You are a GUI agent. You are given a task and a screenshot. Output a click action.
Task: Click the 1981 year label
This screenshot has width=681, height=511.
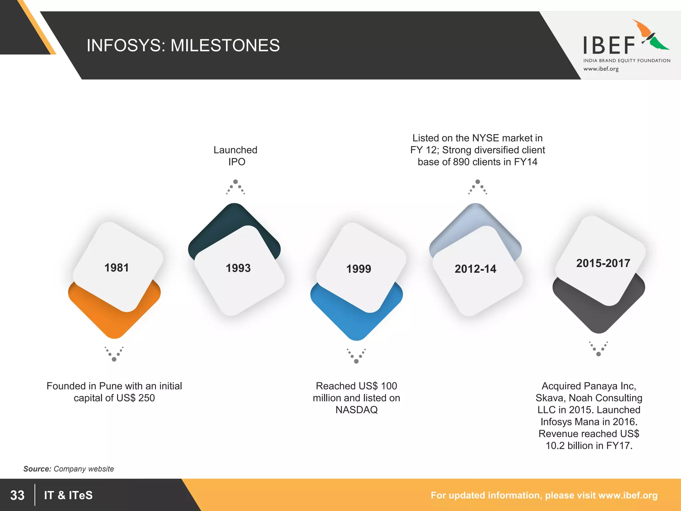116,268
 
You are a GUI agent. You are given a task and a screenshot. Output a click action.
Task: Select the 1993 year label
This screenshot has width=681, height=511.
238,268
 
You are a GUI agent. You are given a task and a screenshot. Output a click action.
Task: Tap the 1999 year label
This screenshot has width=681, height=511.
358,269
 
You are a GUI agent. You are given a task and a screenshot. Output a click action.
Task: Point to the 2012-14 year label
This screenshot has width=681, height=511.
475,269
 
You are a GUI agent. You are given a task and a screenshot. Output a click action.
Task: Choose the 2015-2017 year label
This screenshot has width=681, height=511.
603,263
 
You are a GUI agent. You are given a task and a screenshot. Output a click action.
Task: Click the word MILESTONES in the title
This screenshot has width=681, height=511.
225,46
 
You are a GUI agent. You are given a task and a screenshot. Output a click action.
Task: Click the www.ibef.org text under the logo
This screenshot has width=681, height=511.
601,69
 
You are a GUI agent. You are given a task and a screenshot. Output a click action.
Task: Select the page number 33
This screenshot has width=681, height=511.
17,495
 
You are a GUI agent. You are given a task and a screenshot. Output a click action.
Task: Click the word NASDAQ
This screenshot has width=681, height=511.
356,410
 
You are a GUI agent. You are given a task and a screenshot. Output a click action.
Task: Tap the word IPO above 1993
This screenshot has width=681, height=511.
237,162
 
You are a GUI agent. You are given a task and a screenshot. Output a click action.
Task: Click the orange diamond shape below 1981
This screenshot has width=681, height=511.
114,319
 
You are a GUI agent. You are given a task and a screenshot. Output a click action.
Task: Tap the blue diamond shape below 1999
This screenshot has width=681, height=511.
356,323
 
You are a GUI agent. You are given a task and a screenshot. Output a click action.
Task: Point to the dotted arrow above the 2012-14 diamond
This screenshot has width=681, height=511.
477,187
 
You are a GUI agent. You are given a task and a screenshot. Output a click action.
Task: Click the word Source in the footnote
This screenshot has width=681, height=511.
37,469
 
